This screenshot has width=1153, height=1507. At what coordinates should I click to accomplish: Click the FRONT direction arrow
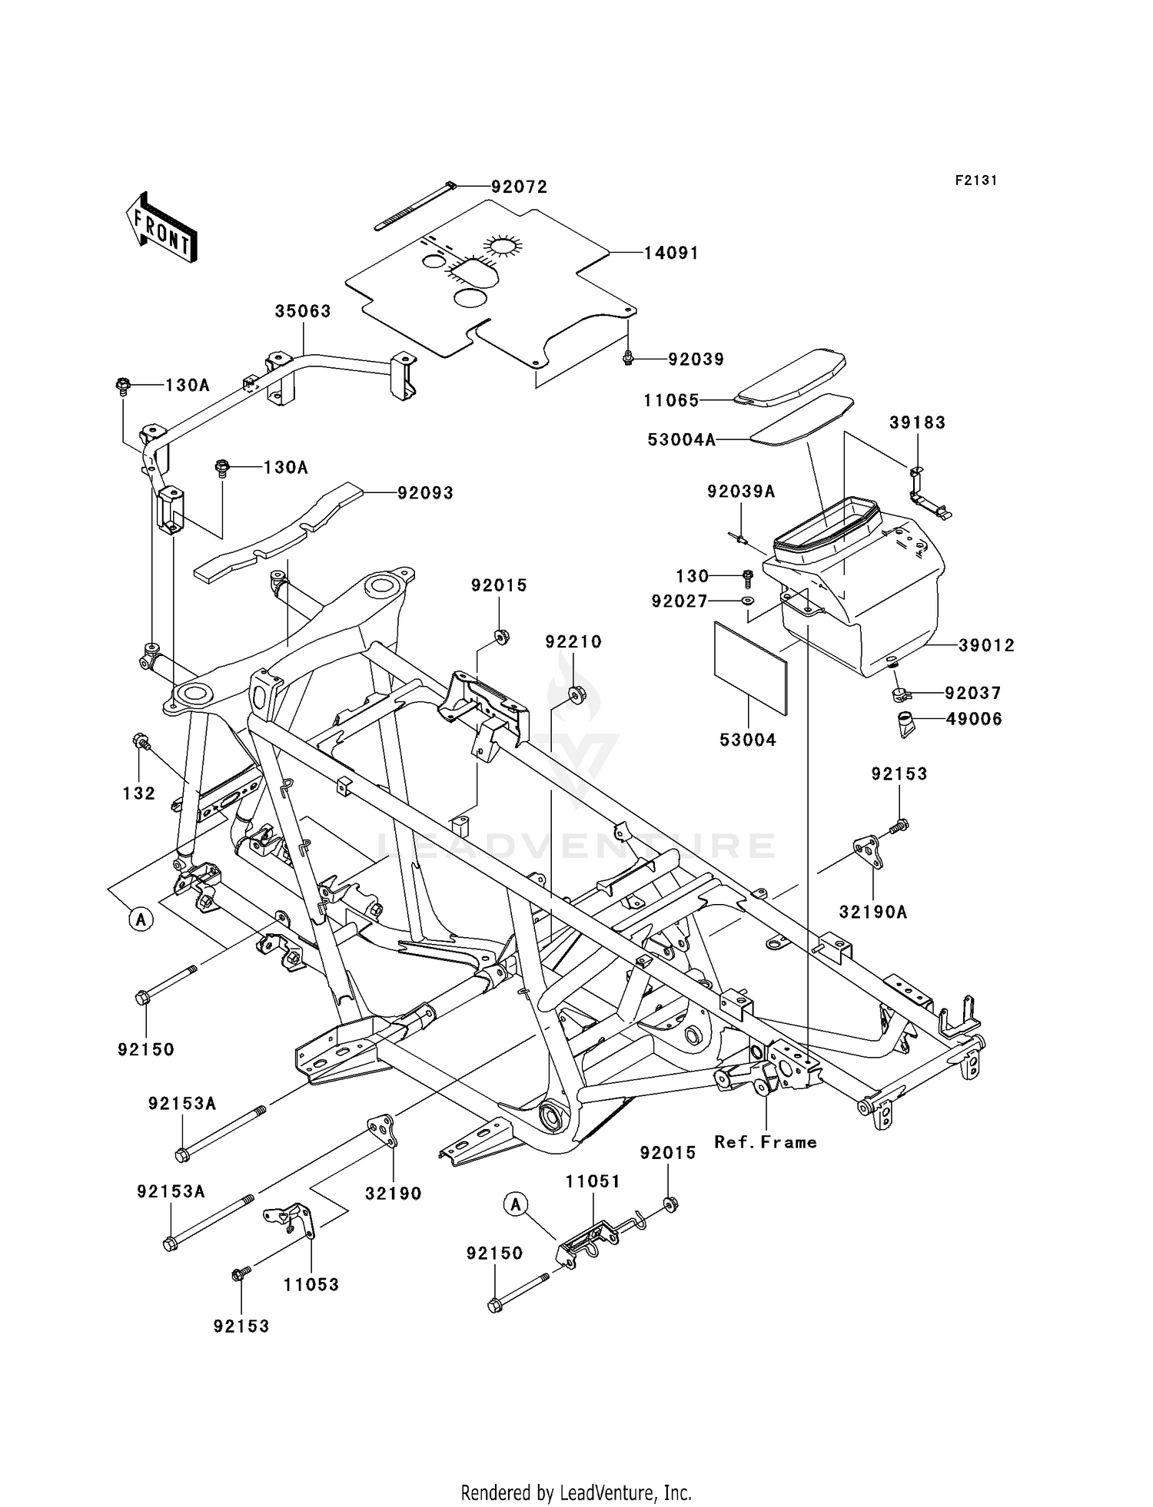(x=161, y=229)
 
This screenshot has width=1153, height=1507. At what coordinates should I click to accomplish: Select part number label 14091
(x=671, y=253)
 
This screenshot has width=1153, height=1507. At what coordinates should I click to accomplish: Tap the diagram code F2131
(x=976, y=181)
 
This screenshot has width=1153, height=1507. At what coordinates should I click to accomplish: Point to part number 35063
(x=303, y=311)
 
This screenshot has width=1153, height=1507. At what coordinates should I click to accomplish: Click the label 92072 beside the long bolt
(x=520, y=187)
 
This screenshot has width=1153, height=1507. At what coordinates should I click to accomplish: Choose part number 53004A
(x=682, y=439)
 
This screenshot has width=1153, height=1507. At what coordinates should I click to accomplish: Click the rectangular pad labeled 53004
(x=751, y=669)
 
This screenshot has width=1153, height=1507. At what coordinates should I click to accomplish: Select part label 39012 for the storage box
(x=986, y=646)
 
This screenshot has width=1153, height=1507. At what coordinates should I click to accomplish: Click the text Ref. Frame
(x=765, y=1142)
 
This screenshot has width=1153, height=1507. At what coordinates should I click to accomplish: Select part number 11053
(x=311, y=1284)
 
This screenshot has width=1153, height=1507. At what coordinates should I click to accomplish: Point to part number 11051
(x=593, y=1181)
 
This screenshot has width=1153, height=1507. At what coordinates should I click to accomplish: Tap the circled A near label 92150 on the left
(x=141, y=919)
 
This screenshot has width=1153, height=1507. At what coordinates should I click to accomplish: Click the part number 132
(x=139, y=793)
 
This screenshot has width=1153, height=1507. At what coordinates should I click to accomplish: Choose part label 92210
(x=573, y=642)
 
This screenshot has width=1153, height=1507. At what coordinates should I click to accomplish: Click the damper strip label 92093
(x=425, y=492)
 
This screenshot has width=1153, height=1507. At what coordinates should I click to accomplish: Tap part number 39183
(x=917, y=422)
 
